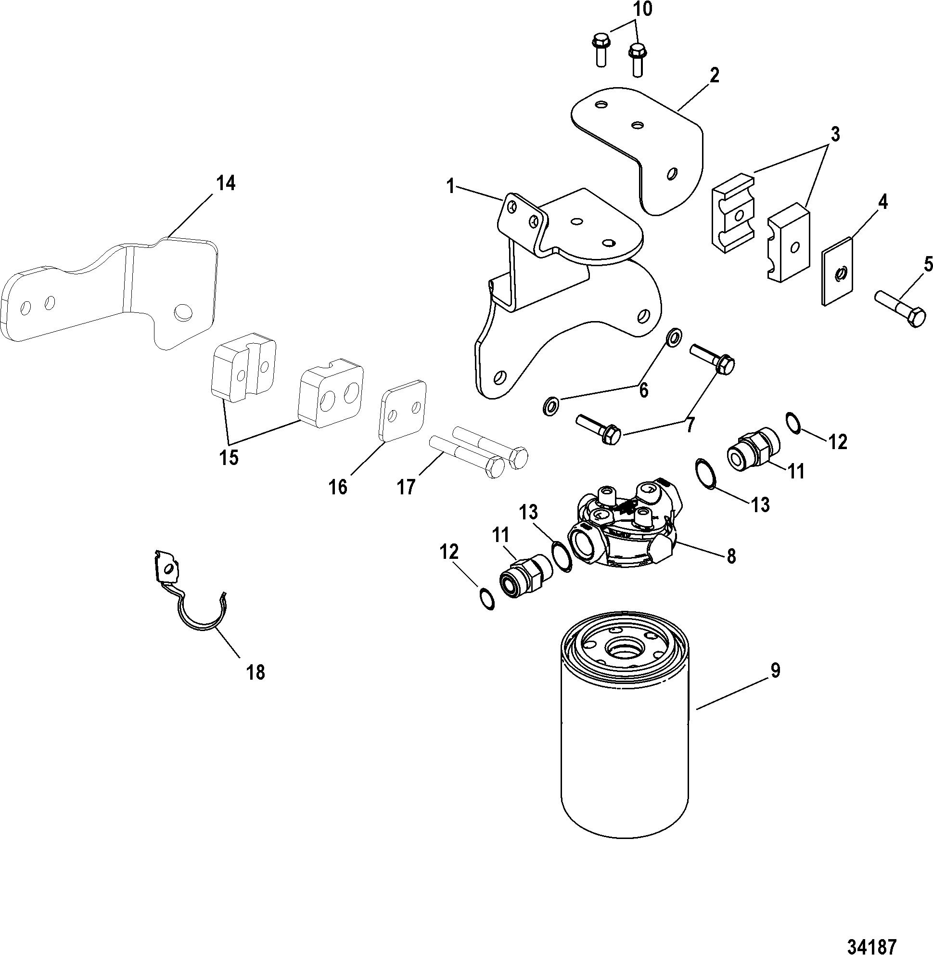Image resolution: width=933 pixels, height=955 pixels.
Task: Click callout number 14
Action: [x=225, y=183]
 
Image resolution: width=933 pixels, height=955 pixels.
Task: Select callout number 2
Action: [x=715, y=76]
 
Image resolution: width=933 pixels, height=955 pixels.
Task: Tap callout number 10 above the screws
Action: [x=643, y=10]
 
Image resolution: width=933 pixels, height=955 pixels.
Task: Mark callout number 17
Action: [x=406, y=488]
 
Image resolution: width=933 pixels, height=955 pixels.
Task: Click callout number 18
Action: [x=256, y=672]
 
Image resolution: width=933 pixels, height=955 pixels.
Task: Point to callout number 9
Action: [x=774, y=671]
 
